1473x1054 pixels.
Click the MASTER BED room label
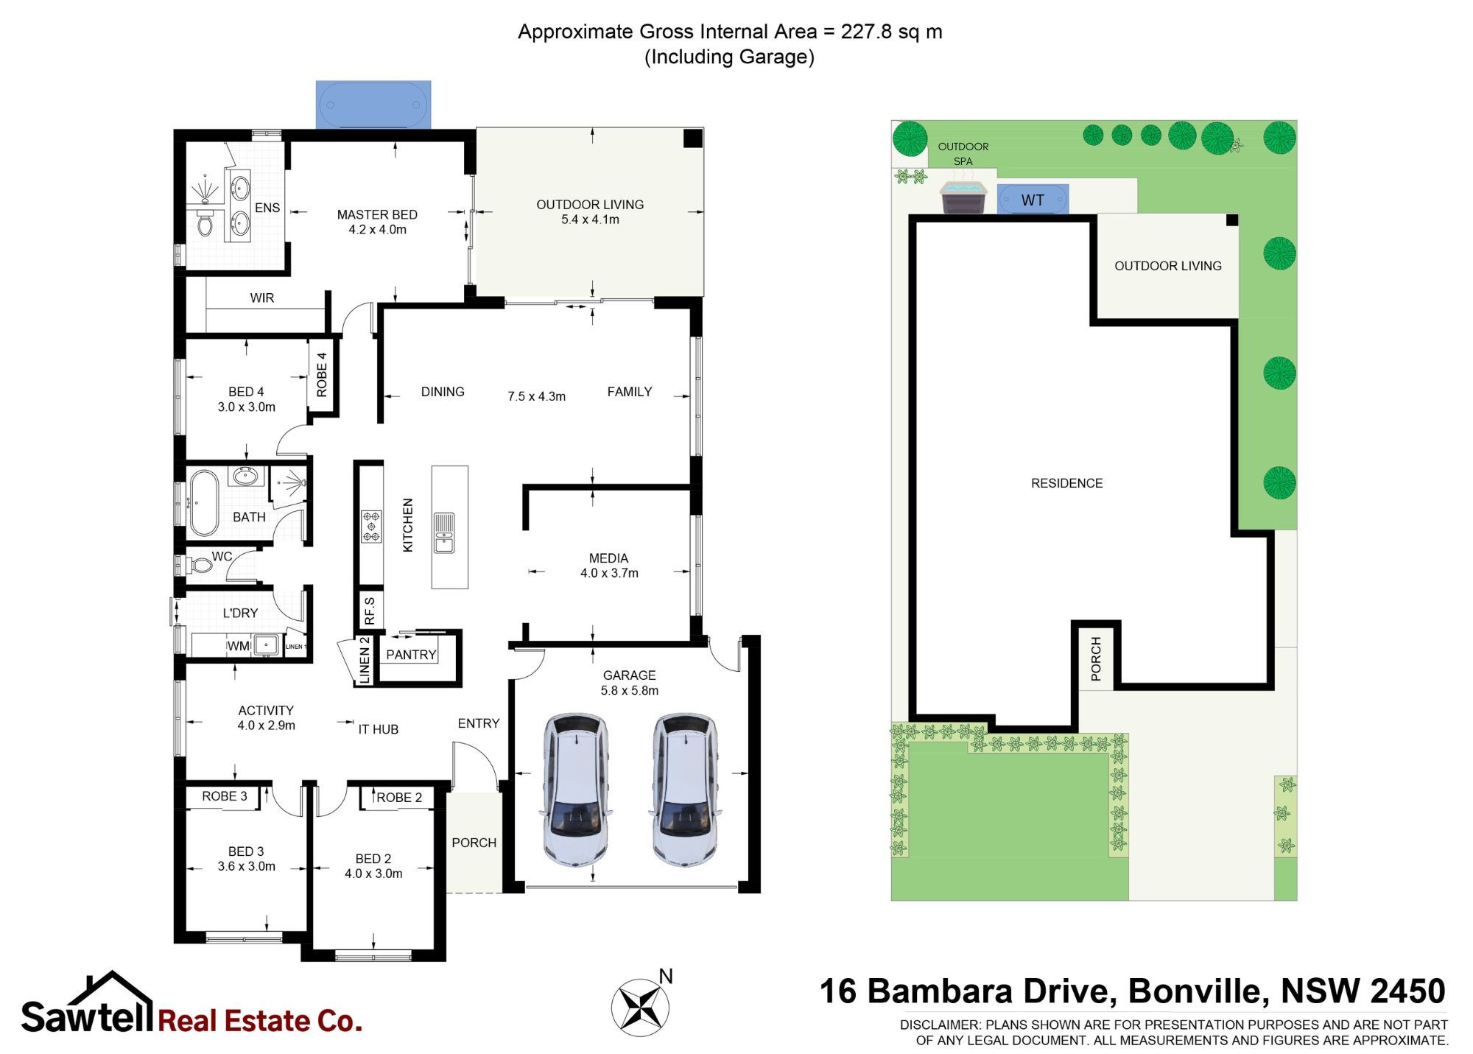click(x=377, y=214)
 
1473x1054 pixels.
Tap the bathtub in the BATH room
click(x=204, y=502)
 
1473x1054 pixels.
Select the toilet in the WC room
click(x=197, y=566)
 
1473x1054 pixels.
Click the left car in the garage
click(x=577, y=788)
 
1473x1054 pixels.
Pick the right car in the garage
click(x=685, y=788)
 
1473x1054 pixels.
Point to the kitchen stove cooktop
click(x=371, y=527)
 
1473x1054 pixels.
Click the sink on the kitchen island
click(x=444, y=533)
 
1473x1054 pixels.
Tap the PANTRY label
click(x=411, y=655)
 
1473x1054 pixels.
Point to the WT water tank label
click(x=1033, y=200)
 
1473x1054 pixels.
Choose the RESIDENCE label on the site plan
click(x=1066, y=483)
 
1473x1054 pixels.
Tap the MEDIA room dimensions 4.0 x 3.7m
click(x=609, y=573)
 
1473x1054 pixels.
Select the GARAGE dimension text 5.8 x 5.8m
click(x=630, y=691)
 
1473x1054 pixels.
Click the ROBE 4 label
click(x=322, y=375)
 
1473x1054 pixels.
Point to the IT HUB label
click(x=379, y=729)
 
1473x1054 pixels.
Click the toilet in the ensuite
click(x=204, y=223)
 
